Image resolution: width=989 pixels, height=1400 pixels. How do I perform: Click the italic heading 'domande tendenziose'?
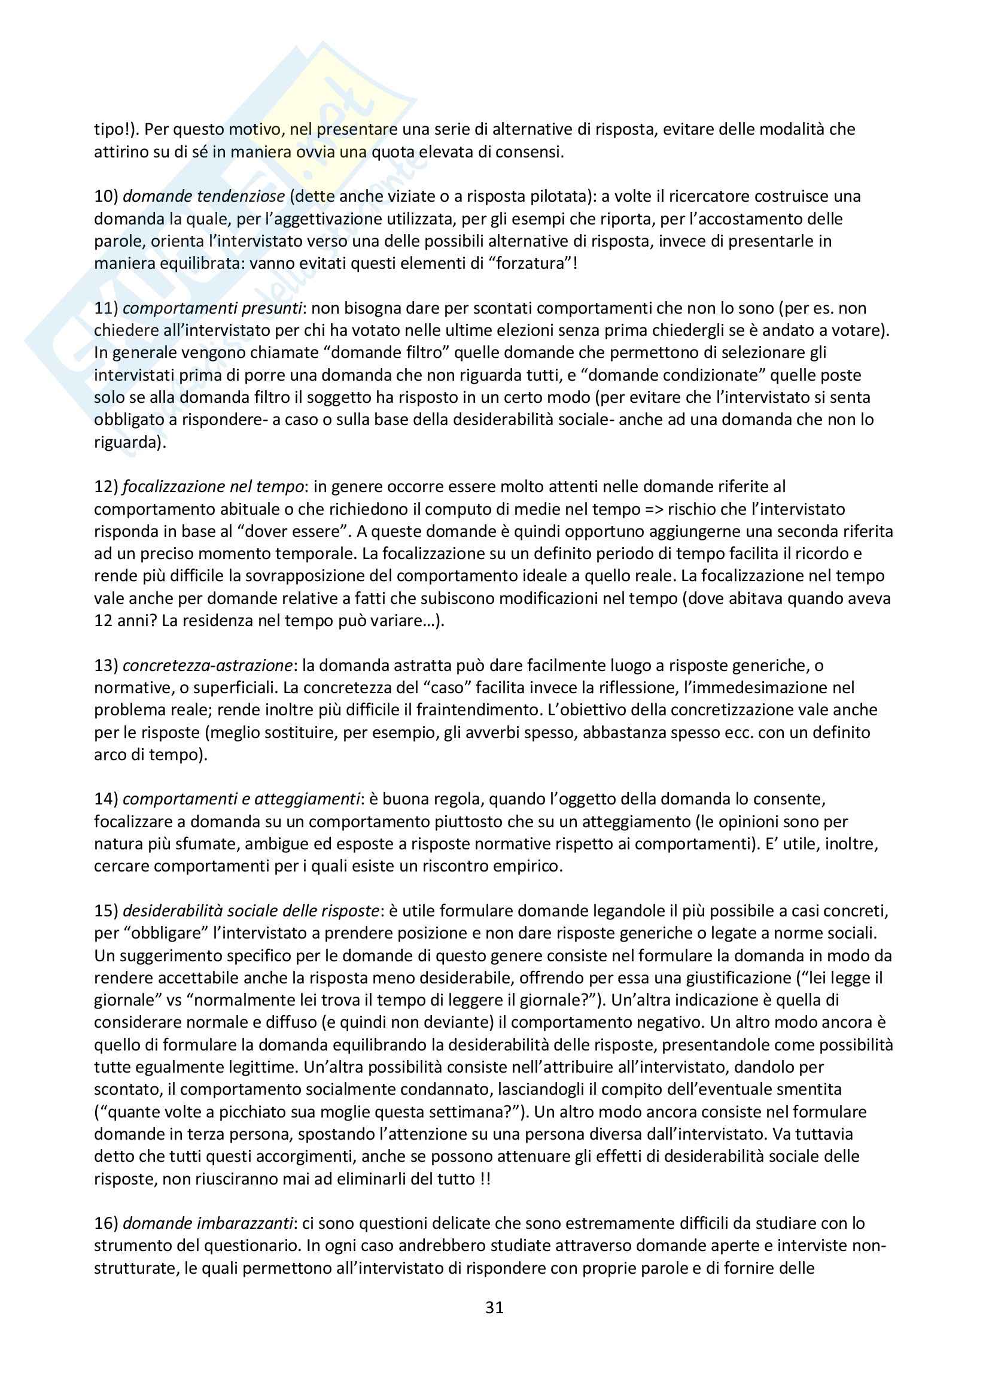pyautogui.click(x=203, y=196)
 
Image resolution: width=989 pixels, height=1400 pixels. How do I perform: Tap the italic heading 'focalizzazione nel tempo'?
pyautogui.click(x=213, y=487)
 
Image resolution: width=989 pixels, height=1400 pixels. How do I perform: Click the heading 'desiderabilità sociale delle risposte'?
pyautogui.click(x=251, y=911)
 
